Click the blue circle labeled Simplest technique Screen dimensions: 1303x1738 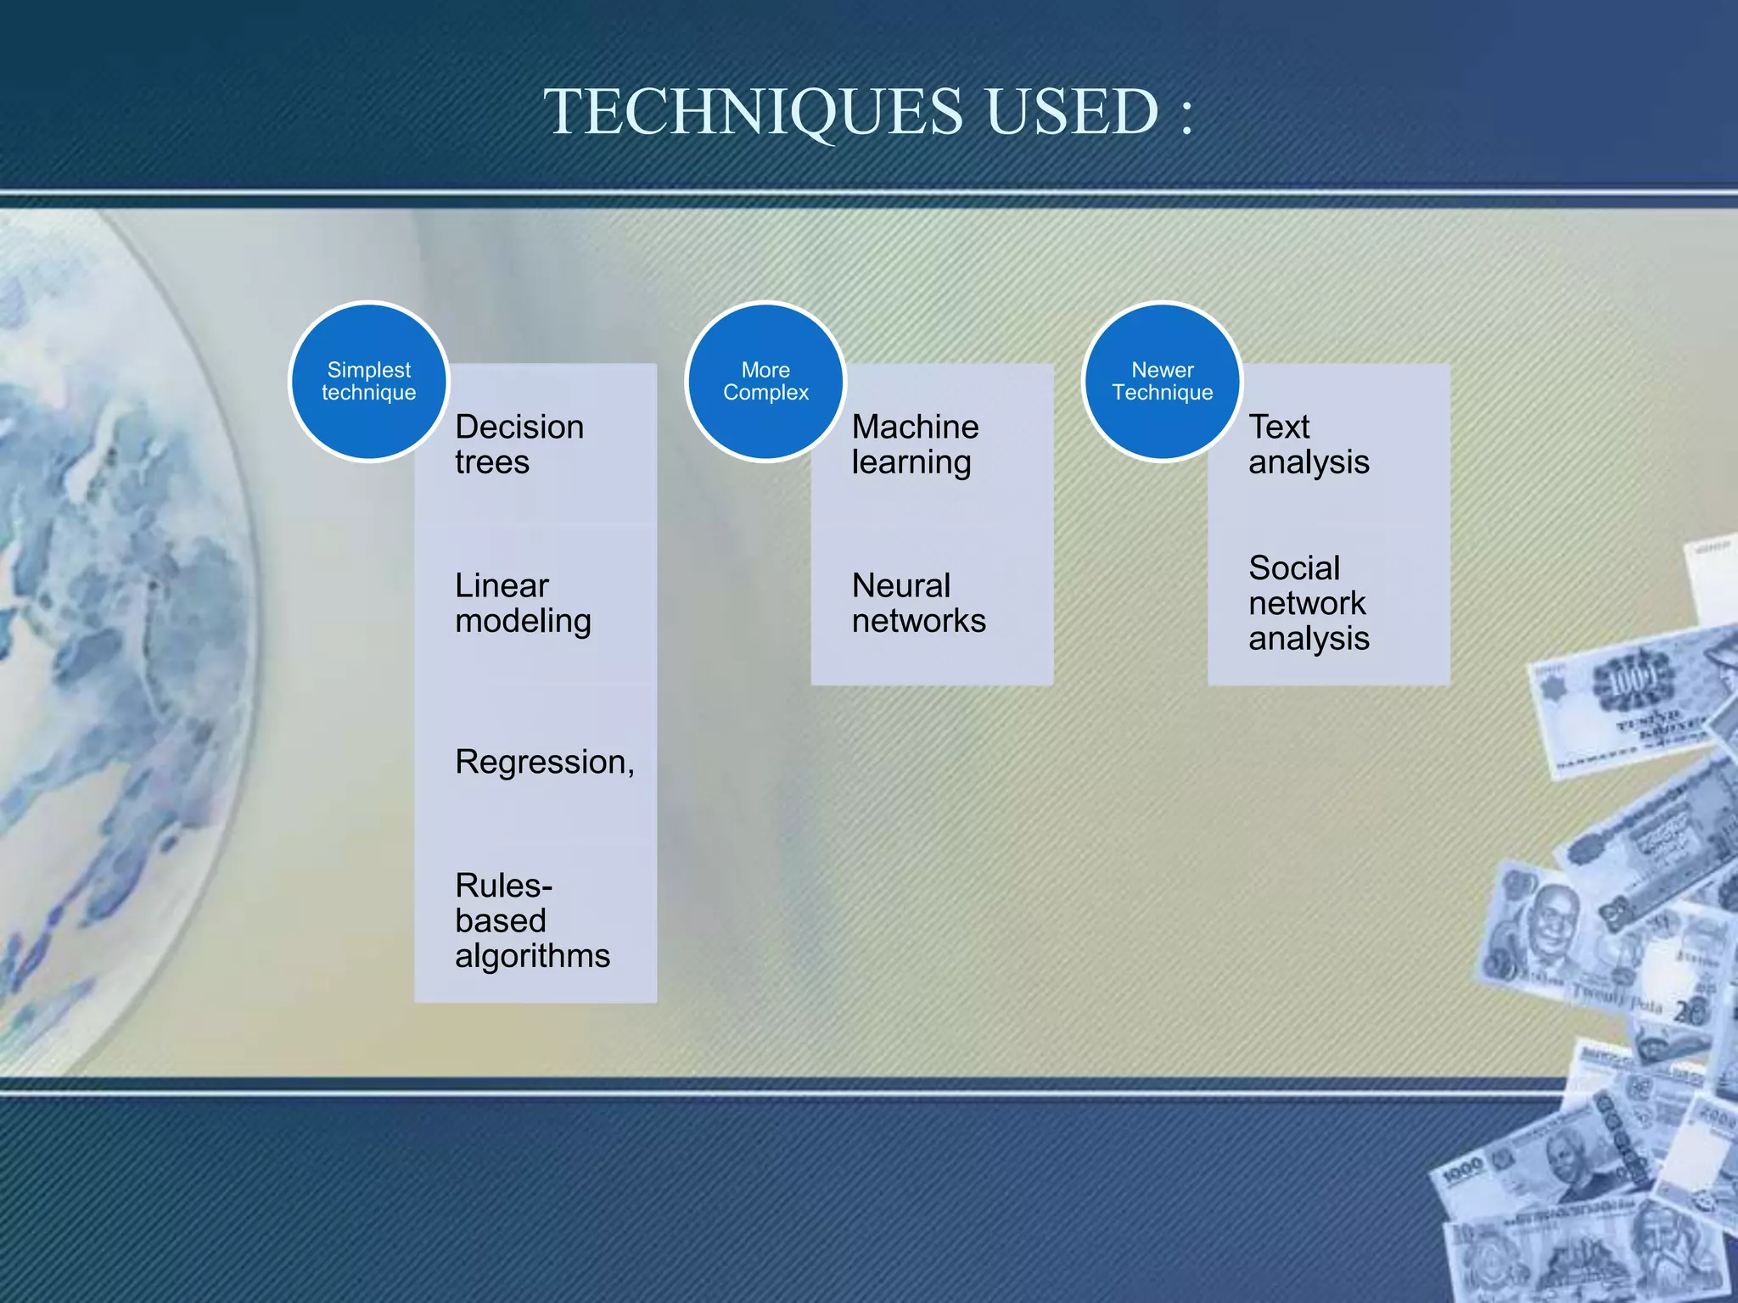(369, 382)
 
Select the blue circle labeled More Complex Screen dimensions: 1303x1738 (765, 382)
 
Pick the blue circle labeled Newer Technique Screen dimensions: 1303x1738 (1163, 382)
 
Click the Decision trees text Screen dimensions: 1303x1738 (519, 445)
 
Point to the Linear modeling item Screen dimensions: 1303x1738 (522, 603)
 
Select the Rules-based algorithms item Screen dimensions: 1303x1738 (532, 920)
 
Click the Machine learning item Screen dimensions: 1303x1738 (915, 445)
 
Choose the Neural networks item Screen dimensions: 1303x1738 (918, 603)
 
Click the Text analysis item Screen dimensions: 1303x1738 (1309, 445)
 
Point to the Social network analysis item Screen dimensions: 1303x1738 (1309, 603)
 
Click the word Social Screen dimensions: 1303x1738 (1294, 568)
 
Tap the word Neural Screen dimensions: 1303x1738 (900, 585)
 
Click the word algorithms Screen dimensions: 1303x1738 (532, 956)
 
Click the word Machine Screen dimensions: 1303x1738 (915, 427)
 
